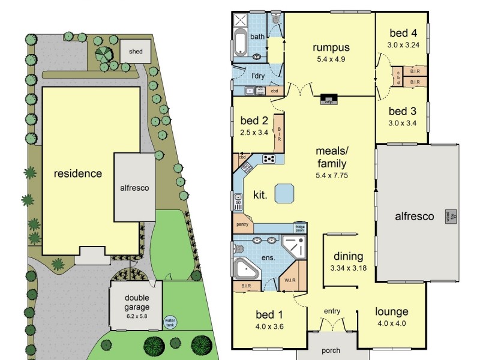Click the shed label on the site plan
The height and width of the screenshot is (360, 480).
[x=136, y=52]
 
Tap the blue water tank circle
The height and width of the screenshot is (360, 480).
[x=170, y=322]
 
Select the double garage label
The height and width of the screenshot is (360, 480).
[x=136, y=298]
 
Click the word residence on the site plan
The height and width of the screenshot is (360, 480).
[x=78, y=174]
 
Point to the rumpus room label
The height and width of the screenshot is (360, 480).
[x=331, y=48]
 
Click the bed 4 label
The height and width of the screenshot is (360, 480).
[x=401, y=33]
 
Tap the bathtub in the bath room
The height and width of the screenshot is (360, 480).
[x=240, y=42]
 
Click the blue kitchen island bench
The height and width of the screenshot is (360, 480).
[x=284, y=193]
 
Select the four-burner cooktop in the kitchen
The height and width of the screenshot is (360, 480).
[x=269, y=159]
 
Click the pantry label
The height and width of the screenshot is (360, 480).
[x=242, y=225]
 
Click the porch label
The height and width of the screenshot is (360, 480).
[x=331, y=350]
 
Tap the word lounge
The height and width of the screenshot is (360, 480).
[x=392, y=311]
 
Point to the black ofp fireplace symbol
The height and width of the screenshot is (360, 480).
[x=328, y=99]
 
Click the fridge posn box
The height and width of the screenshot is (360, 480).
[x=299, y=228]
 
